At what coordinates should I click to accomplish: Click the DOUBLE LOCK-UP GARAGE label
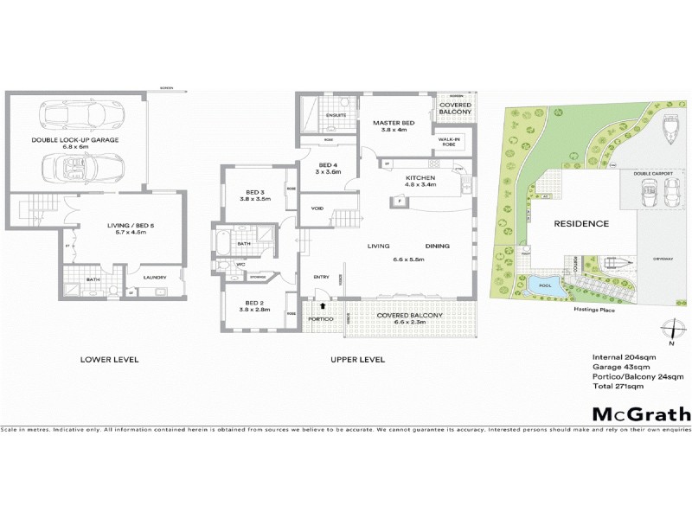tap(75, 139)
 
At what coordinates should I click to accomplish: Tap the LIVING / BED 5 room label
tap(102, 227)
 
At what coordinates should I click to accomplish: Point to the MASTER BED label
tap(394, 124)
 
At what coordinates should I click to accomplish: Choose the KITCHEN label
tap(420, 176)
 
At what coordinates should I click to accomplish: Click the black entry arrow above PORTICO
tap(324, 305)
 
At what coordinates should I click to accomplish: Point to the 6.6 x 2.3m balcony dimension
tap(410, 323)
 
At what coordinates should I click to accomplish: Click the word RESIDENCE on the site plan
tap(581, 224)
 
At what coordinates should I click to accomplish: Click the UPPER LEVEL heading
tap(357, 359)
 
